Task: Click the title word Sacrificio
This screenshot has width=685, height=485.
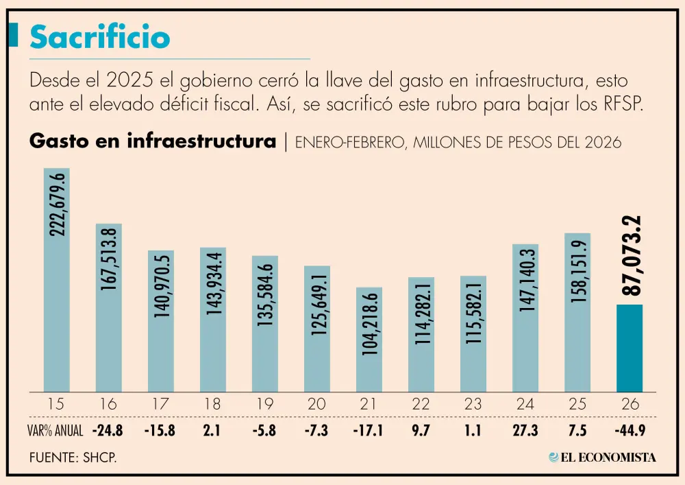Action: pos(99,38)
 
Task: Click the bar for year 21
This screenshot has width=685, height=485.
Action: pos(369,339)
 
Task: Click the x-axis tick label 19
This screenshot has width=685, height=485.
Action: pos(265,403)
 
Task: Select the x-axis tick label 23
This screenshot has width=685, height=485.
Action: pos(473,403)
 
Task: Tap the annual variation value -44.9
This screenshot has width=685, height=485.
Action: pos(630,431)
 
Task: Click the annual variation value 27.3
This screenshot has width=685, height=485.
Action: pos(525,431)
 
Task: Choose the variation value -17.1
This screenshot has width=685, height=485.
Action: pos(369,431)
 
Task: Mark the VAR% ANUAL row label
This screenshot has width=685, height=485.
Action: pos(57,431)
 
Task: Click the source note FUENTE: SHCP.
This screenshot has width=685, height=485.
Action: pos(73,457)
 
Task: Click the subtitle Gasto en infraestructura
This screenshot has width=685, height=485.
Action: pos(153,142)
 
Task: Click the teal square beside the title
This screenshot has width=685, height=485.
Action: pos(13,35)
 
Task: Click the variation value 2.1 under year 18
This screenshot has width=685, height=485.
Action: pos(213,431)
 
